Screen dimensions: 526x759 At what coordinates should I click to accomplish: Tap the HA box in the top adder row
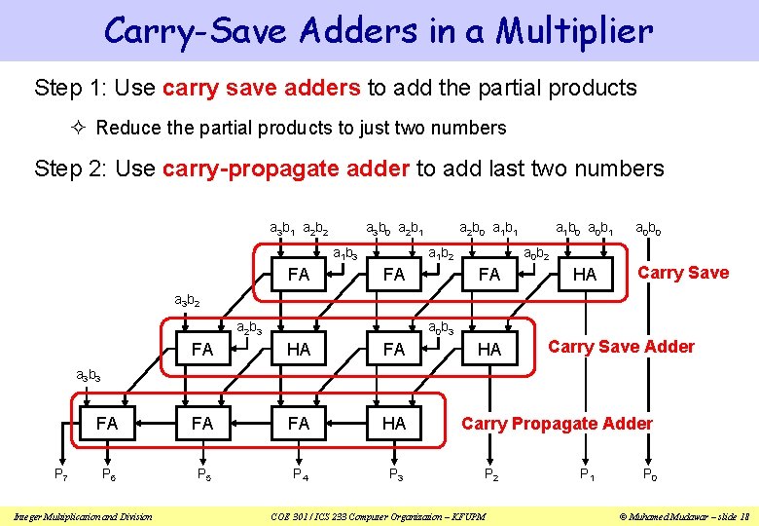pos(585,275)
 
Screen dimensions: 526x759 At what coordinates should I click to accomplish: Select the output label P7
pos(60,474)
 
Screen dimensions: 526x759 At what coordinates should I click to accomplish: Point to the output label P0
pos(649,474)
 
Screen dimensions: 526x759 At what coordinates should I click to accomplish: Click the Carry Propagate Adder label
pos(557,423)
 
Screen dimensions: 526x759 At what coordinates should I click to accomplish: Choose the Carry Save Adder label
pos(621,347)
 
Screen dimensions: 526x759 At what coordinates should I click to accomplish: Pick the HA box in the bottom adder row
pos(394,424)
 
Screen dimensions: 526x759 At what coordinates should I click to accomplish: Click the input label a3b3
pos(89,375)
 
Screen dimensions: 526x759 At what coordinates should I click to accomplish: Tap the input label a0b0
pos(649,230)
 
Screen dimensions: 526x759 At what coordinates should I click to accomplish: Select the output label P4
pos(300,474)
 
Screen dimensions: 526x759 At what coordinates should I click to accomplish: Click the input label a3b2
pos(187,301)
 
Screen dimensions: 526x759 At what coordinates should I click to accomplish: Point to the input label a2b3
pos(250,327)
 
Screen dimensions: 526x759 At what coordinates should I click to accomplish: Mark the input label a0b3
pos(441,327)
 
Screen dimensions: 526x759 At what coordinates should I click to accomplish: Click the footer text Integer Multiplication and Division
pos(82,515)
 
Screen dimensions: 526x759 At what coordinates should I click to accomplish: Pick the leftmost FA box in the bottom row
pos(107,424)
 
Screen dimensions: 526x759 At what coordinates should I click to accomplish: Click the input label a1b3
pos(345,254)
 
